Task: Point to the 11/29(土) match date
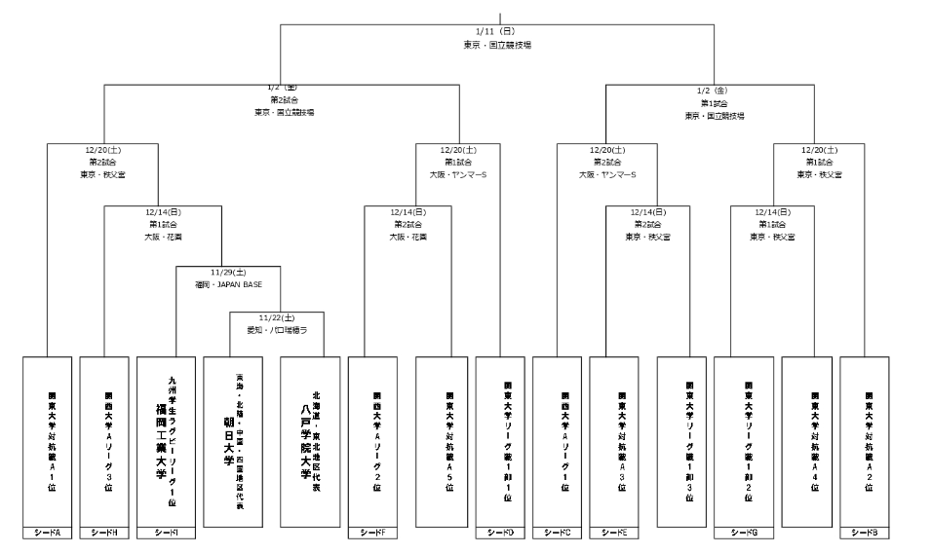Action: coord(228,273)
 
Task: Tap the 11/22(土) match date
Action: coord(277,317)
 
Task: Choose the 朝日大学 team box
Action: coord(234,441)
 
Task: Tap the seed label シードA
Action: coord(47,533)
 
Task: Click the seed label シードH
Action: coord(104,533)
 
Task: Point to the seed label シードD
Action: coord(500,533)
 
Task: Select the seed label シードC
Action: coord(558,533)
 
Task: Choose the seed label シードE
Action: coord(615,533)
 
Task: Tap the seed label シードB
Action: coord(865,533)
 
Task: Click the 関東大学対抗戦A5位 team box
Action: coord(449,441)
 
